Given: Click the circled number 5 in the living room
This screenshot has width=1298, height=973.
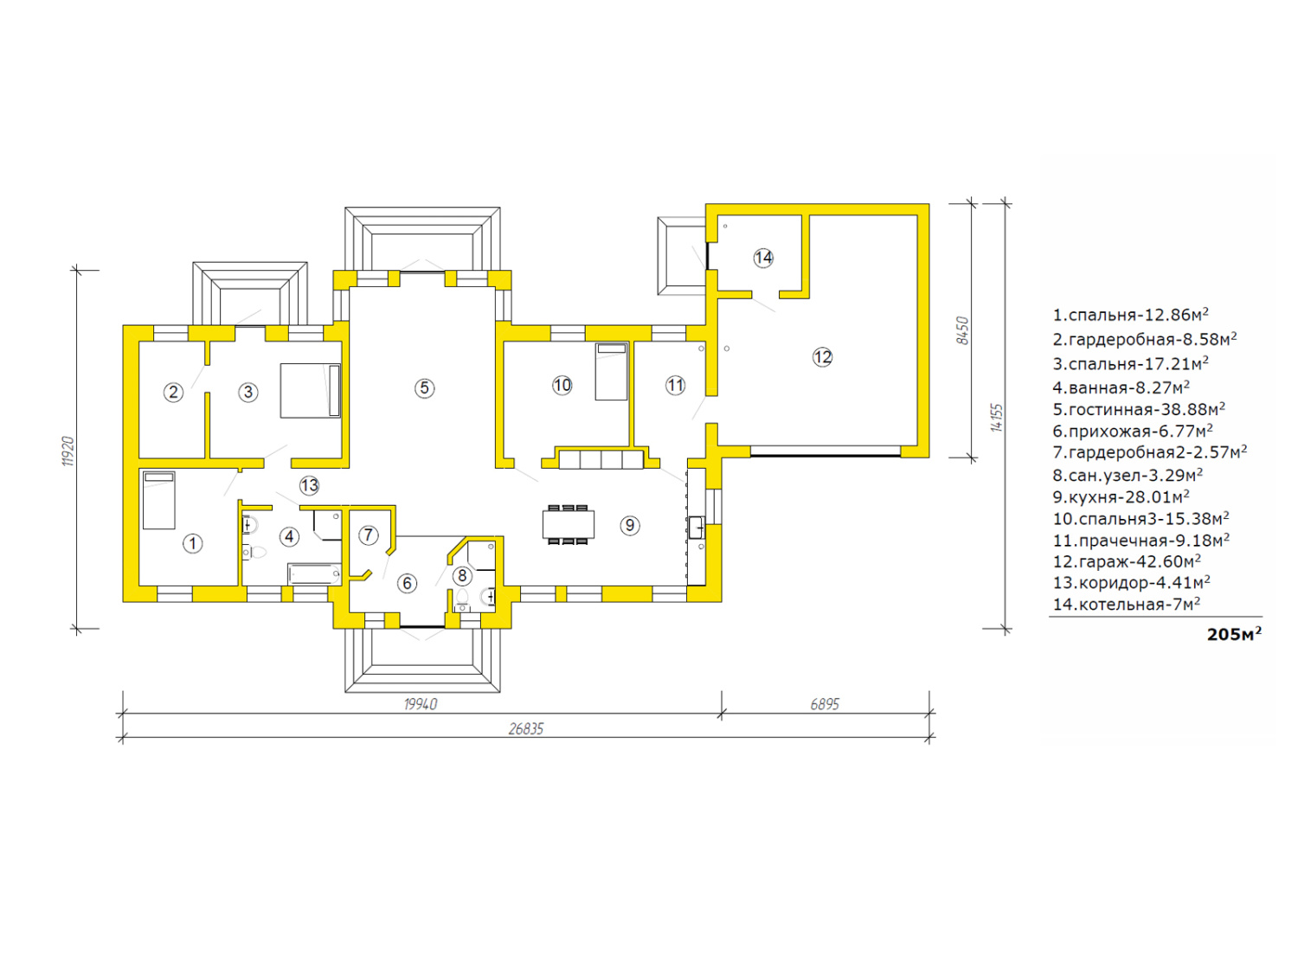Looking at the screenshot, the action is [x=424, y=388].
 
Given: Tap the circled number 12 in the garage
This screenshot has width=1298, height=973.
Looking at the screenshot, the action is [x=822, y=357].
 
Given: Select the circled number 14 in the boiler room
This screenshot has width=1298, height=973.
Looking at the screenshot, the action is [x=763, y=258].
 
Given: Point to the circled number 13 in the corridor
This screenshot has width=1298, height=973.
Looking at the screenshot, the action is [x=309, y=485].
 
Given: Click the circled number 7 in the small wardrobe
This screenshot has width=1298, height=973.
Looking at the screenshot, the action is [x=369, y=535].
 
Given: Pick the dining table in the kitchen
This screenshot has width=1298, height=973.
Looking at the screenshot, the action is [x=569, y=524].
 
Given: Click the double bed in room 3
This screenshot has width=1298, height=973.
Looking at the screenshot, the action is [x=311, y=391].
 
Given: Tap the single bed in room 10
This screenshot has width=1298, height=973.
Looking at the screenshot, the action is [x=611, y=371].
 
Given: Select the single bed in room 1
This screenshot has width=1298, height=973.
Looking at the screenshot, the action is [x=159, y=500].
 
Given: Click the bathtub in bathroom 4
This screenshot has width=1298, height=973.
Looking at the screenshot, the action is [x=314, y=573].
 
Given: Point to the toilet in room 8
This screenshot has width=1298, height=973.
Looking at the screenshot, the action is [x=462, y=598].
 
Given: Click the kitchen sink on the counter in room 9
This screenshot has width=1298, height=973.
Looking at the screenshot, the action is [x=696, y=527].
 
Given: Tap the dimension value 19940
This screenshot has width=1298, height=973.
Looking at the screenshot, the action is [x=421, y=704].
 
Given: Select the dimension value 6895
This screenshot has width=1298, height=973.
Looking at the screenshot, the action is [x=825, y=704].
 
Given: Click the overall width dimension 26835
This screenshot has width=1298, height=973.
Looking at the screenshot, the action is [x=526, y=729].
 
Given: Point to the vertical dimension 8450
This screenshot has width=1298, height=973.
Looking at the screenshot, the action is [x=963, y=331].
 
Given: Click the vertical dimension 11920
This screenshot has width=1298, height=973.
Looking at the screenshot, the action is [x=68, y=451].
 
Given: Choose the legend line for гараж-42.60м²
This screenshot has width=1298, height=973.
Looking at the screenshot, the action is [x=1127, y=560].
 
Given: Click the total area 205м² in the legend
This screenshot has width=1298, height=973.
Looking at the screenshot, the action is [x=1234, y=634].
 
